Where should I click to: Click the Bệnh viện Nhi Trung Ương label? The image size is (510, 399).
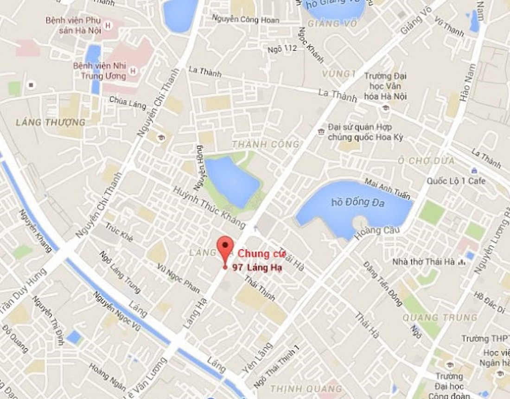tap(100, 70)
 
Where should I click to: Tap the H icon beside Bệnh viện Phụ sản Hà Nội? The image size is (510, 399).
tap(108, 25)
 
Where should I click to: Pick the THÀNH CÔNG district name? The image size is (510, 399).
tap(266, 145)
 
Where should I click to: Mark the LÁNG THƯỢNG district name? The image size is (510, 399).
tap(51, 122)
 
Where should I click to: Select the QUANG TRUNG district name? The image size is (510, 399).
tap(440, 317)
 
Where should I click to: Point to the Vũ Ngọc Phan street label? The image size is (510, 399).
tap(178, 278)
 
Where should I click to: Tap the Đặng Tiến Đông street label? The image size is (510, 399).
tap(382, 284)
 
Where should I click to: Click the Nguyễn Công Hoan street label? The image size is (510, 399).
tap(246, 19)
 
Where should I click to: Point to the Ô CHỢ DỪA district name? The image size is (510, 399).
tap(426, 161)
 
